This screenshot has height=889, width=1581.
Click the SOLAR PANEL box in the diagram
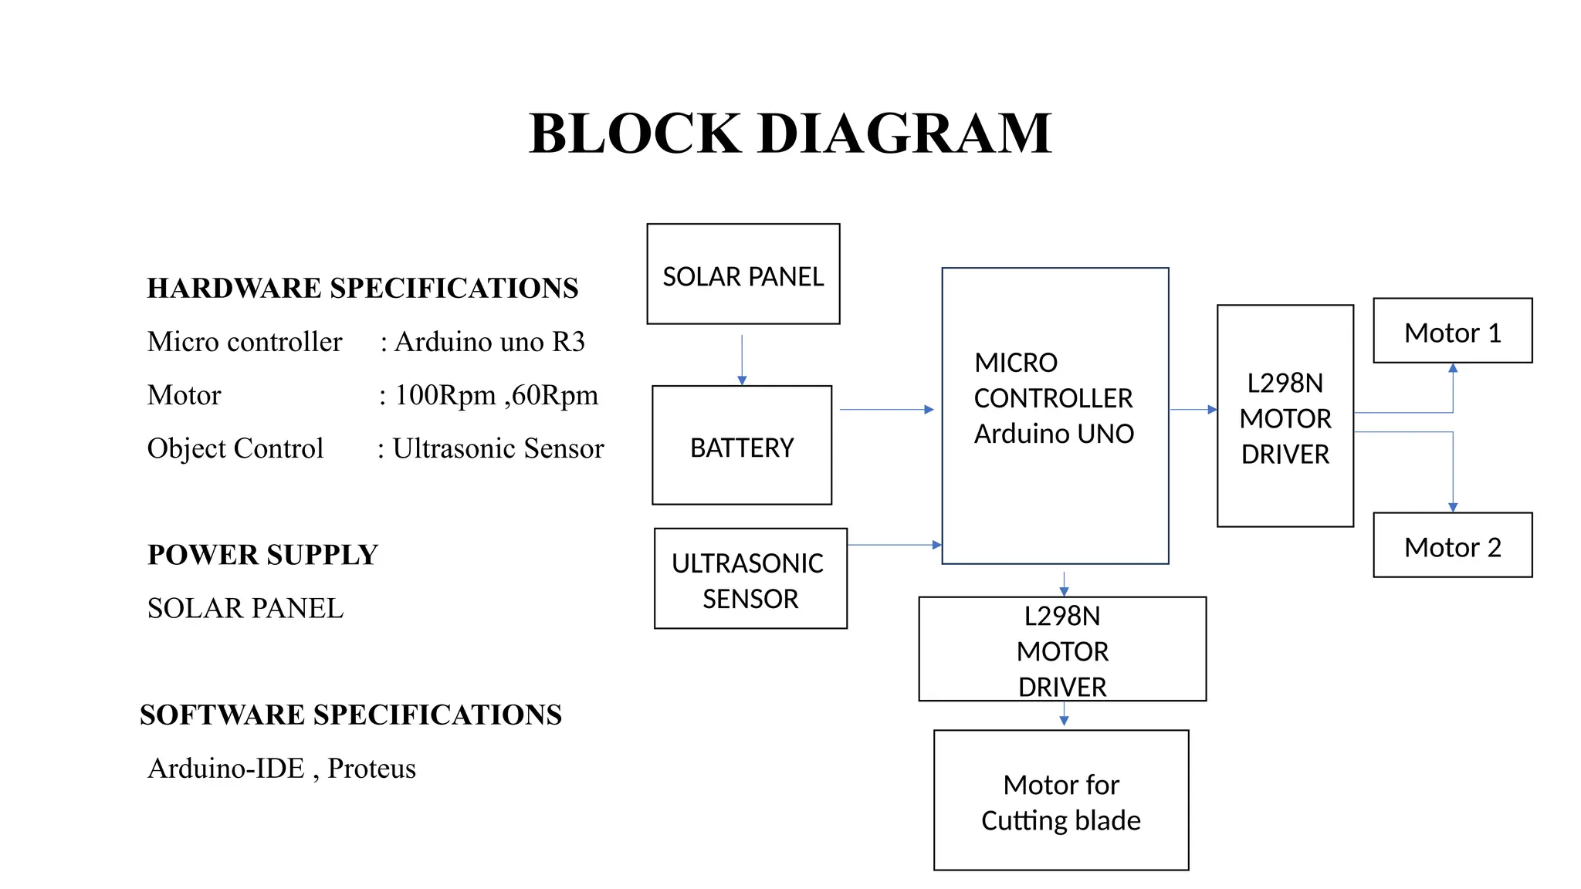point(743,274)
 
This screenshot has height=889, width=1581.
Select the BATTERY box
point(742,445)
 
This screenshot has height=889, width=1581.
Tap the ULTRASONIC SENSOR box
point(750,579)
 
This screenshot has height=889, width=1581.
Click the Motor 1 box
point(1452,331)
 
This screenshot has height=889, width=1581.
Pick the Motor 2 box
point(1452,546)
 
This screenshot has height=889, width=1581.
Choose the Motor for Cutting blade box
point(1061,800)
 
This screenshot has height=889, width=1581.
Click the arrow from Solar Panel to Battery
point(742,359)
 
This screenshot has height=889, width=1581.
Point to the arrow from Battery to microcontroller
point(885,410)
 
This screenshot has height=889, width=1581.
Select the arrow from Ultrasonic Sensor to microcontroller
point(893,545)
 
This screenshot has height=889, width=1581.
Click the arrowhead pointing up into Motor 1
point(1453,369)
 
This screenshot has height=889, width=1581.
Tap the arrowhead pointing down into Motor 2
point(1453,507)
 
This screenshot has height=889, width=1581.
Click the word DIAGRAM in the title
point(905,134)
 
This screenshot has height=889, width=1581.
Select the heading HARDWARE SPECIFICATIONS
point(362,288)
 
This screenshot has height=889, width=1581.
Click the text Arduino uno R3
point(489,341)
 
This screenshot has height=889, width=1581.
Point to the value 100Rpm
point(445,394)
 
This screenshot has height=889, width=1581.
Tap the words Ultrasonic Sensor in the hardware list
point(498,448)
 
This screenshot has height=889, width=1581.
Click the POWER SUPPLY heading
point(262,555)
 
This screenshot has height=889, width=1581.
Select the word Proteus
point(371,768)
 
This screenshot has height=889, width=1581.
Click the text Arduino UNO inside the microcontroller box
point(1054,434)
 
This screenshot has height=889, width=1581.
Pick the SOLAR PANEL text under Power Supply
point(245,608)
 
